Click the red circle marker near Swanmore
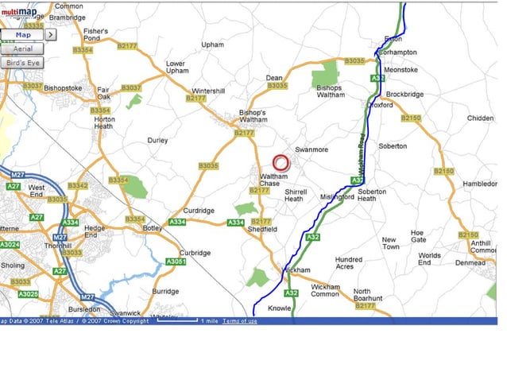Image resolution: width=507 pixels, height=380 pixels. pos(280,162)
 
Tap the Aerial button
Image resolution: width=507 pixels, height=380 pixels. pos(23,48)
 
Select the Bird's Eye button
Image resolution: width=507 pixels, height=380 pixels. pos(23,62)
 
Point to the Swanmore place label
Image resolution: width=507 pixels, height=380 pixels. pos(312,149)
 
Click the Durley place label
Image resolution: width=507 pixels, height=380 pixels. pos(157,141)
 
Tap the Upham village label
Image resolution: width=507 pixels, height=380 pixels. pos(213,45)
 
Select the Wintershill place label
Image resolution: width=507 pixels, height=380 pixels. pos(209,90)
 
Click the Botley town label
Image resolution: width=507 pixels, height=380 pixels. pos(153,228)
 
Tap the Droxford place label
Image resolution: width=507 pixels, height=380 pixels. pos(381,104)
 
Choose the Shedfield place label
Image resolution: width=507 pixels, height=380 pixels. pos(262,231)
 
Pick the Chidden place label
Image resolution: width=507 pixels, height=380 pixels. pos(479,118)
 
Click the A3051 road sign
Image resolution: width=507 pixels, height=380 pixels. pos(176,262)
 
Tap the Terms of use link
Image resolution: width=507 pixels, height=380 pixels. pos(239,321)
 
